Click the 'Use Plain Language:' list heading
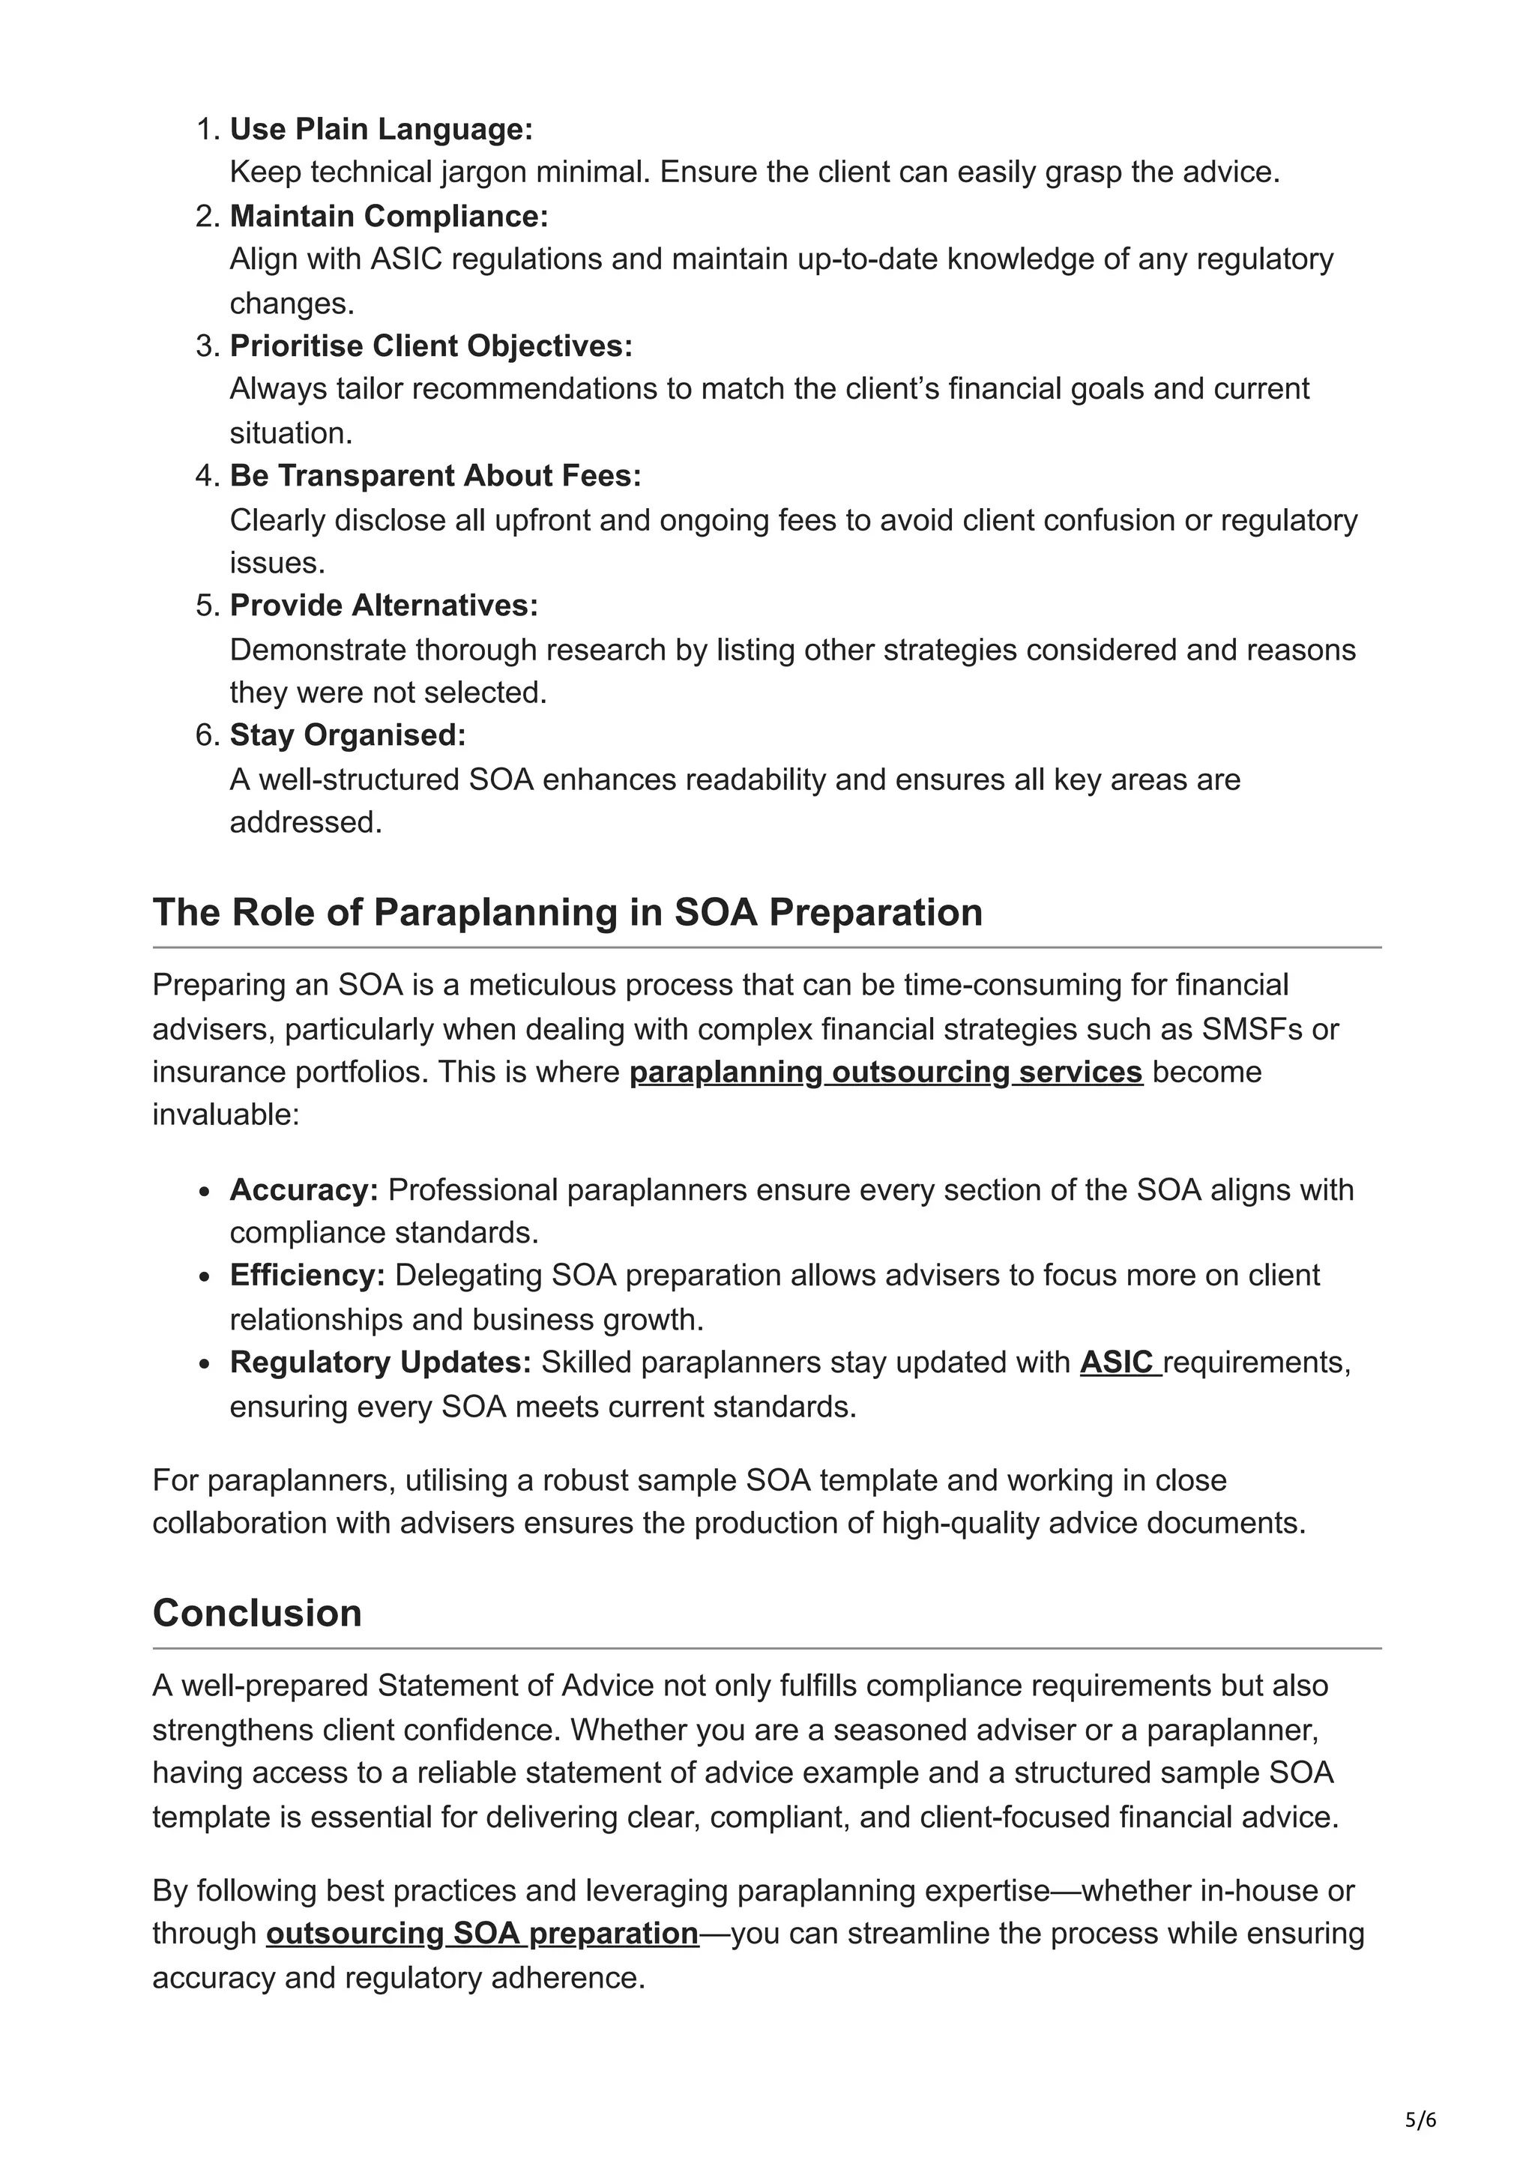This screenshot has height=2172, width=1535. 382,129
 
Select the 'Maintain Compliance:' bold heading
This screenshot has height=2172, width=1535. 389,216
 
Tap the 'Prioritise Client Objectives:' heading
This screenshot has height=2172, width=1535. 431,346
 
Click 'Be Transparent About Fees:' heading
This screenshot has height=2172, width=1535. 435,475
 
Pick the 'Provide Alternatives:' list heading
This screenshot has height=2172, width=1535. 384,605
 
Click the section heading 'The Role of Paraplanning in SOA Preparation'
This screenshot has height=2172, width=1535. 567,912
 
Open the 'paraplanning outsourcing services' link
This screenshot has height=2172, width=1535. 885,1072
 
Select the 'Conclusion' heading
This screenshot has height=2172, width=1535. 257,1613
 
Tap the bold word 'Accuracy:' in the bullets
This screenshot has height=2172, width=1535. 304,1189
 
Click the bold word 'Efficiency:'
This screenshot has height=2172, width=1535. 307,1275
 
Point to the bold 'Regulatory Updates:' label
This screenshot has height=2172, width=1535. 380,1363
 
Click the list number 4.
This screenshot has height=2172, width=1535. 207,475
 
